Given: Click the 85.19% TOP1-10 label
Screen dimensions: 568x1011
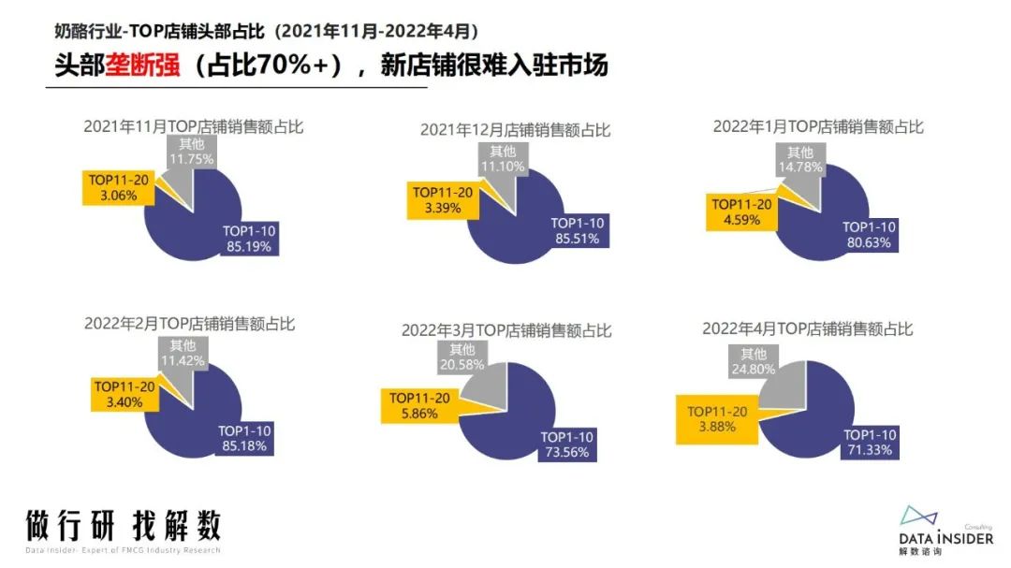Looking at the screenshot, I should (x=249, y=240).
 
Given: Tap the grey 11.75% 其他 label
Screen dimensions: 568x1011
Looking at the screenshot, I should (x=192, y=151).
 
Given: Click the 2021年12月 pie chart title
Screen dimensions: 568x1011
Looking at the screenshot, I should (x=515, y=130).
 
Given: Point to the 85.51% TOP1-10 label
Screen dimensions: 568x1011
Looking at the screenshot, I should (x=578, y=231).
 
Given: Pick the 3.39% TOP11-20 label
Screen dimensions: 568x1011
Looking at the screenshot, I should (x=442, y=200).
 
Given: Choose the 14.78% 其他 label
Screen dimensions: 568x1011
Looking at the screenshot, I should (x=799, y=160).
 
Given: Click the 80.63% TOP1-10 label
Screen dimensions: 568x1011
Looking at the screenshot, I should (x=870, y=234).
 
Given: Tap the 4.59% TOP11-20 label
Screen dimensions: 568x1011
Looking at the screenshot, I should (x=741, y=212).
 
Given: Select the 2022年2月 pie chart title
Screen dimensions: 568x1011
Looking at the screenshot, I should (x=189, y=324).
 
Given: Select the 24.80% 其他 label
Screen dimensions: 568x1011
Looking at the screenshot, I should (x=753, y=362).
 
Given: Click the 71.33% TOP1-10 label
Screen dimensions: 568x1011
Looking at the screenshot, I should (x=870, y=442).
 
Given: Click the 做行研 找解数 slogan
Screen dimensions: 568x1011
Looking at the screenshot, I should (x=124, y=525).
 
